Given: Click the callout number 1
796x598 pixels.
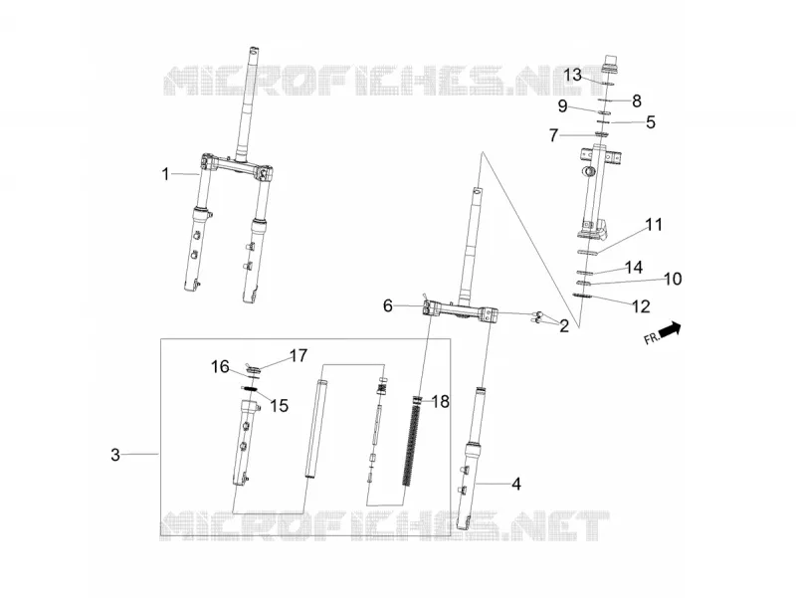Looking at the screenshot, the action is click(x=165, y=175).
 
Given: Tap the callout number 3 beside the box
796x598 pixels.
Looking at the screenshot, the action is click(x=115, y=455).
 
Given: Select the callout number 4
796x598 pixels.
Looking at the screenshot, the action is click(x=516, y=484).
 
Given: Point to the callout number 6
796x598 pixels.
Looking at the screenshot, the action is click(x=388, y=305).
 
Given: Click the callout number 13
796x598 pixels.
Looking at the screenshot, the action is click(x=573, y=76).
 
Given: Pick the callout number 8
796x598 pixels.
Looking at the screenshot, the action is click(x=637, y=101).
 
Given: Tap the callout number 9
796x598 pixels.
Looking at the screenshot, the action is click(x=562, y=106).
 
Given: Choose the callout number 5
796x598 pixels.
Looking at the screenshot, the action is click(x=651, y=122).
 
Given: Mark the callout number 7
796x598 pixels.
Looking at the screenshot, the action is click(x=554, y=135).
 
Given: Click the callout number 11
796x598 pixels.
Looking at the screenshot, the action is click(x=654, y=225).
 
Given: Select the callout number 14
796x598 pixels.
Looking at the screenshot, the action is click(x=634, y=267).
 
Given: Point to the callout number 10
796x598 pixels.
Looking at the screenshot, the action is click(x=673, y=279).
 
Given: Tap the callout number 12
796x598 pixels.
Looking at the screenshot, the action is click(x=641, y=306).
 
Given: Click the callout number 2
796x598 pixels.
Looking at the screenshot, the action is click(x=564, y=326).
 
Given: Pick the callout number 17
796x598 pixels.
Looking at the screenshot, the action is click(x=298, y=356).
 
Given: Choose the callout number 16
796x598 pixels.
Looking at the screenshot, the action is click(x=220, y=366).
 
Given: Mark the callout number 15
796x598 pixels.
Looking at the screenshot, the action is click(x=279, y=406).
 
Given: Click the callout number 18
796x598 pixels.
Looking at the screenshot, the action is click(x=440, y=402).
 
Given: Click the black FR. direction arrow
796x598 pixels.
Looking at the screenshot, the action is click(x=670, y=329).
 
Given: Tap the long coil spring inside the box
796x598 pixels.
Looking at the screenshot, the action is click(x=412, y=441).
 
